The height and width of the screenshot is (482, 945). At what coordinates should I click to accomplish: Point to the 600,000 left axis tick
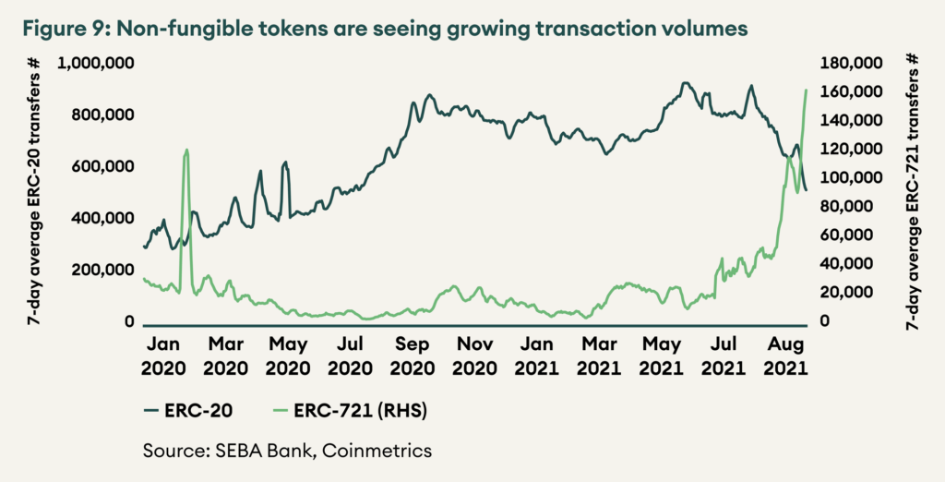coord(102,166)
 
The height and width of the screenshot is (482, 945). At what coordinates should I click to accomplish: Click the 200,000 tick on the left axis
coord(102,270)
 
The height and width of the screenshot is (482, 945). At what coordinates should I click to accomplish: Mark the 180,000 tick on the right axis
coord(852,63)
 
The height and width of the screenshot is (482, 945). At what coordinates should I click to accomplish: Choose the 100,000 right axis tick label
coord(852,177)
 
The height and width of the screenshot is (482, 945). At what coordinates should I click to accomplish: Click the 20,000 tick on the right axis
coord(848,292)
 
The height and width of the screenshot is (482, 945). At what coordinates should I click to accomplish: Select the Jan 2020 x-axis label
coord(163,355)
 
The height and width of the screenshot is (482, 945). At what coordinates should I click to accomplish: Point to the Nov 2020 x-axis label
coord(475,355)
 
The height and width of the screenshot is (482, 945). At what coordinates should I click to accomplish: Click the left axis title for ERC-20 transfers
coord(34,192)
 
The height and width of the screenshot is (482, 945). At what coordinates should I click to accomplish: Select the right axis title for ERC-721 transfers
coord(913,192)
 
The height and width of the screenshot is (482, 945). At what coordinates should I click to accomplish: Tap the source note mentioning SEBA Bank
coord(287,452)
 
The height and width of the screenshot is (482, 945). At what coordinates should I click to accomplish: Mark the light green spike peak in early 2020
coord(186,150)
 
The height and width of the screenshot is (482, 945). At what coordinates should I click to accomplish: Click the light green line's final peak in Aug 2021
coord(807,90)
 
